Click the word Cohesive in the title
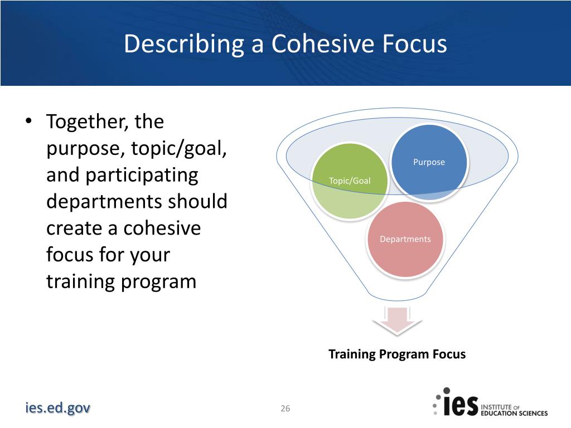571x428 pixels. [x=323, y=43]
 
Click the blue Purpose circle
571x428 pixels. [x=429, y=162]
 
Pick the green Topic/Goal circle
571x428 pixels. [x=350, y=181]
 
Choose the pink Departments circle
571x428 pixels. [x=405, y=239]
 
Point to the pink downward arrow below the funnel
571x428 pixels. [x=397, y=320]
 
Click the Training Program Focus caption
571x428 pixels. [x=397, y=354]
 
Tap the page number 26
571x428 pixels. [x=285, y=408]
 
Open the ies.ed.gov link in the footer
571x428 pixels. [x=57, y=407]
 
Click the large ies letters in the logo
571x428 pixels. [x=460, y=405]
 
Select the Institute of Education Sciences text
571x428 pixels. [x=514, y=410]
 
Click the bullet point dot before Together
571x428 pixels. [x=29, y=120]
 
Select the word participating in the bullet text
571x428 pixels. [x=142, y=176]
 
